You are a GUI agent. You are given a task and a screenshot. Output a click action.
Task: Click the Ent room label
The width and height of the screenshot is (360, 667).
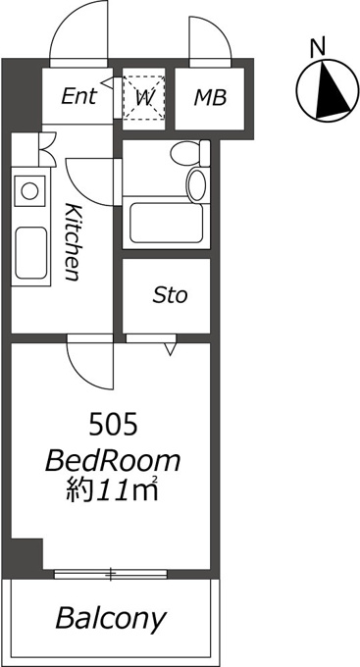pyautogui.click(x=78, y=96)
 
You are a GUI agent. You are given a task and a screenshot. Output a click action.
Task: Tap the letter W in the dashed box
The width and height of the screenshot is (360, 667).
pyautogui.click(x=143, y=99)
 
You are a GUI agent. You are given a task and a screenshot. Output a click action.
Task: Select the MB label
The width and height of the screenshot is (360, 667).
pyautogui.click(x=210, y=98)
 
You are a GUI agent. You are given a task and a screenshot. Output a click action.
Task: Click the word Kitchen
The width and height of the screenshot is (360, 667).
pyautogui.click(x=73, y=241)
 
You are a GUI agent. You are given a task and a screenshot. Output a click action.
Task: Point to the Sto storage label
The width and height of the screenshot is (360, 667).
pyautogui.click(x=170, y=295)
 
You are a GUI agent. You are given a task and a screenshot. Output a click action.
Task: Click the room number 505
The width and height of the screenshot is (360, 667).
pyautogui.click(x=113, y=426)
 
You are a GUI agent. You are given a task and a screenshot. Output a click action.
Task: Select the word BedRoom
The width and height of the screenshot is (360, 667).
pyautogui.click(x=113, y=462)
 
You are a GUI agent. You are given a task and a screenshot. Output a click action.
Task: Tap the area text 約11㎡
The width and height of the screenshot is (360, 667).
pyautogui.click(x=112, y=490)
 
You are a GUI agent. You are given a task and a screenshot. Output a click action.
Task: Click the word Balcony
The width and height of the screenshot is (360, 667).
pyautogui.click(x=110, y=618)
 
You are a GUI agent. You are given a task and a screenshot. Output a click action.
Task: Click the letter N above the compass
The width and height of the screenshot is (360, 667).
pyautogui.click(x=318, y=46)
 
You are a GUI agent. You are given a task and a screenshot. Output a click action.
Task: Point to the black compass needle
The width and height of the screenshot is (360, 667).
pyautogui.click(x=332, y=90)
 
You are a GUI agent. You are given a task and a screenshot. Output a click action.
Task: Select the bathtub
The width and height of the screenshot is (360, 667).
pyautogui.click(x=167, y=223)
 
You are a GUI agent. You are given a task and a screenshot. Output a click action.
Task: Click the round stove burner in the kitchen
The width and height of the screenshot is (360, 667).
pyautogui.click(x=29, y=191)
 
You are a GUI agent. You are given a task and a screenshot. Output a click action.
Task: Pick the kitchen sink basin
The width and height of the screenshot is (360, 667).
pyautogui.click(x=31, y=253)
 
